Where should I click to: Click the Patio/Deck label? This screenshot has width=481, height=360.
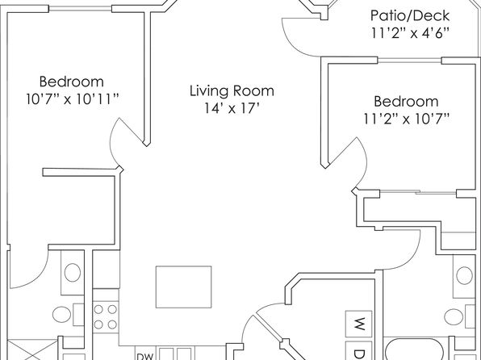coord(410,15)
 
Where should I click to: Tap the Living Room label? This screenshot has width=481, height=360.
coord(232,91)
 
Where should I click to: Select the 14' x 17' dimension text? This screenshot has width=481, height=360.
coord(232,108)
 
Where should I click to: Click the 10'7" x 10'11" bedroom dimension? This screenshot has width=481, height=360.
coord(73,99)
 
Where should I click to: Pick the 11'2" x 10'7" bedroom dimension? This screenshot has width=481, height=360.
coord(406,119)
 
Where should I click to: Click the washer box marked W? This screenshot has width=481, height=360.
coord(359,324)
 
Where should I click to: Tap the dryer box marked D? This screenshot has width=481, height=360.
coord(359,350)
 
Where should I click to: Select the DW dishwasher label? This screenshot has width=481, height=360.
coord(144,356)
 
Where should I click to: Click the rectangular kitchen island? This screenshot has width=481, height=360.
coord(183,287)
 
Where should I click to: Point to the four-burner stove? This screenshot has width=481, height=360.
coord(105,316)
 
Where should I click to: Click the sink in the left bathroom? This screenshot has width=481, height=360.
coord(73,273)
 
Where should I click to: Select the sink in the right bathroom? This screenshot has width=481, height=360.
coord(464,275)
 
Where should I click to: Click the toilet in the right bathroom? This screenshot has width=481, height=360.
coord(459,316)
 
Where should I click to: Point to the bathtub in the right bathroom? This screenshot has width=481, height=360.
coord(416,350)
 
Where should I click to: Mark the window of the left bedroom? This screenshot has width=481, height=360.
coord(80,10)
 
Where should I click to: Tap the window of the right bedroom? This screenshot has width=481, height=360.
coord(409,61)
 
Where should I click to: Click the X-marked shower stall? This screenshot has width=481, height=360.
coord(32,350)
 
